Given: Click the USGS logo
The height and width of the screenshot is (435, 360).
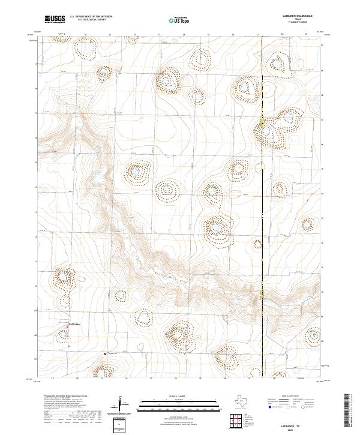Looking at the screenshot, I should [55, 19].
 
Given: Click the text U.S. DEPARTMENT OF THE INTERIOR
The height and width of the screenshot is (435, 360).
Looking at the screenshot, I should [91, 16].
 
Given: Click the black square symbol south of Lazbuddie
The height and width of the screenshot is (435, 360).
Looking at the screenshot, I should [106, 353].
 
